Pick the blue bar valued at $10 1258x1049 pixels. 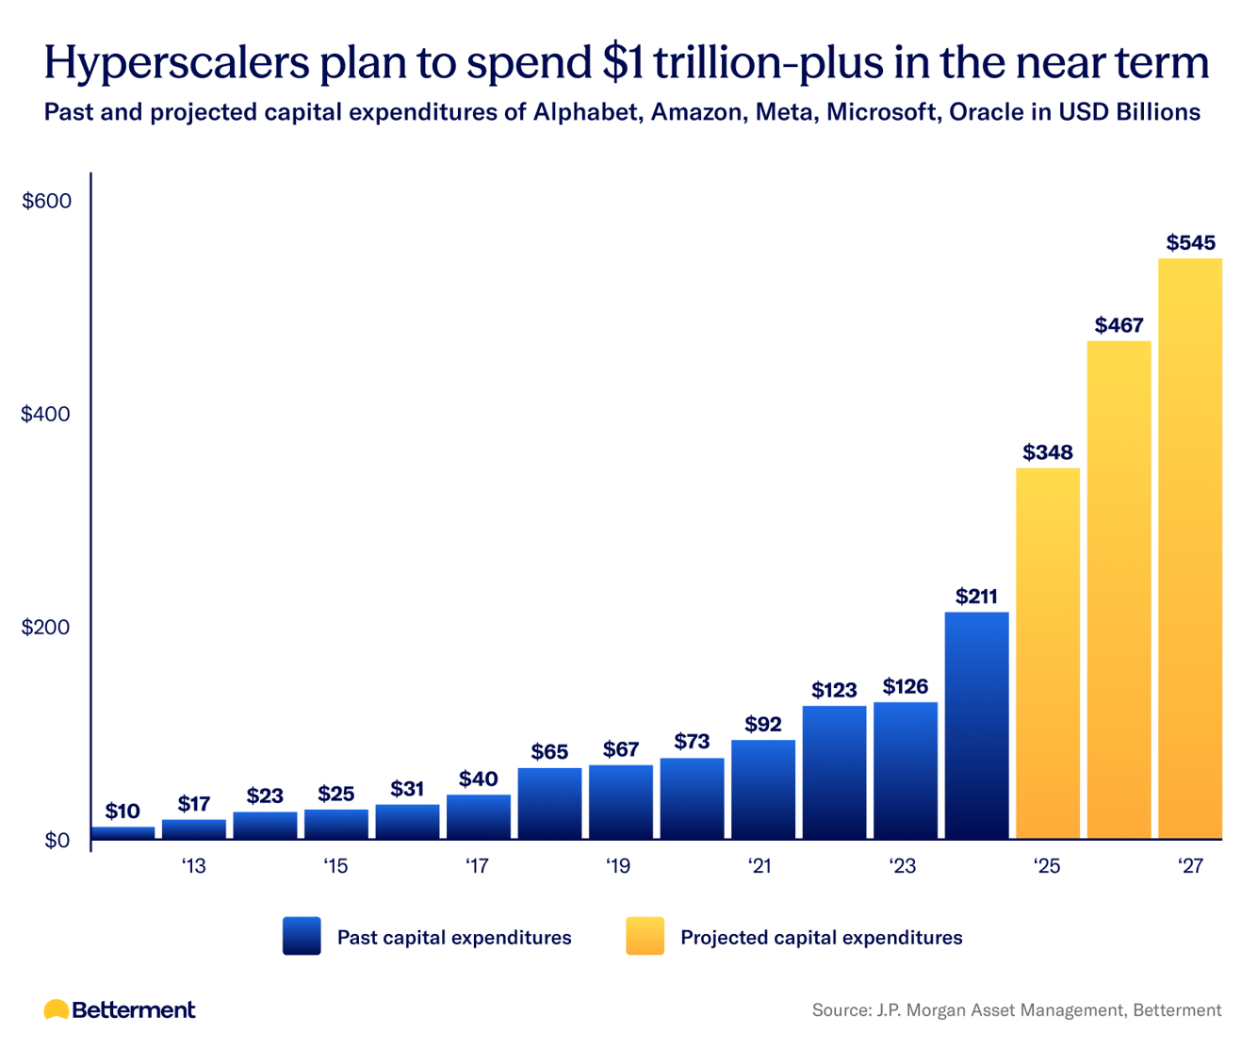[123, 833]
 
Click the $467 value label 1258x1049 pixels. [1119, 326]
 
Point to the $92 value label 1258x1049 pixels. [763, 725]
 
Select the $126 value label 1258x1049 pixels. [906, 687]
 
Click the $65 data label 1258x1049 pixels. [549, 752]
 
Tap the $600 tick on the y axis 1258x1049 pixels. [47, 202]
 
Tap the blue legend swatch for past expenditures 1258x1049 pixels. [302, 937]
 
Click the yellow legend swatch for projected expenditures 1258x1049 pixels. [645, 937]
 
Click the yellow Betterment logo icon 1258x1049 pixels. [57, 1010]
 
